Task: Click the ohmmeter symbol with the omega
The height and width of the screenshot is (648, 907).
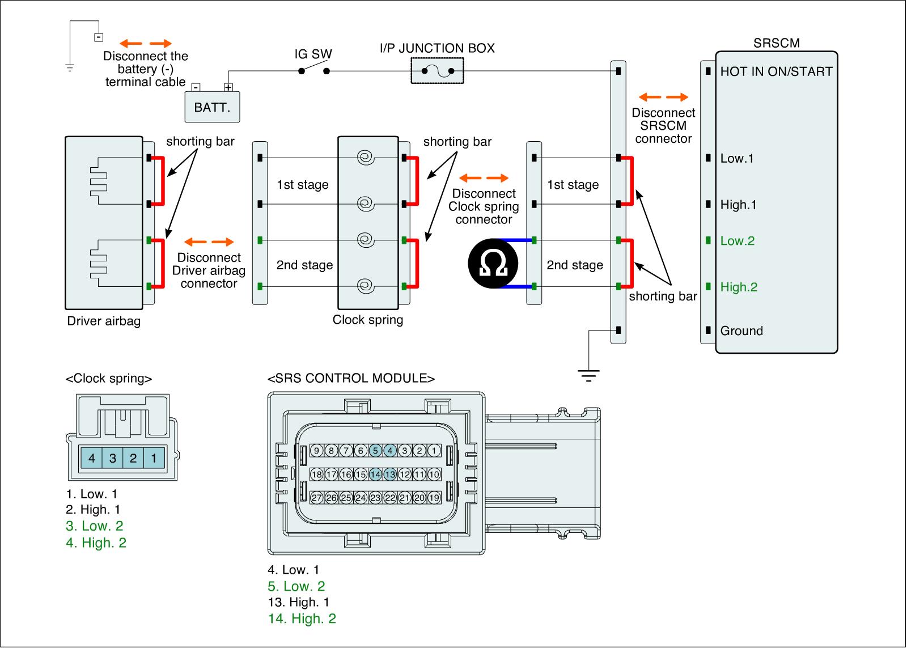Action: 493,264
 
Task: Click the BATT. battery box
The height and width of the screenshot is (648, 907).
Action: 212,107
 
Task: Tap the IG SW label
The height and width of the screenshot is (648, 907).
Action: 313,54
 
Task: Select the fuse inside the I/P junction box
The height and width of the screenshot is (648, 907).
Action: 437,71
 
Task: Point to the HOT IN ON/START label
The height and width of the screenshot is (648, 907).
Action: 776,71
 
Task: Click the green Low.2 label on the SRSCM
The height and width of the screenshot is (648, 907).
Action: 738,241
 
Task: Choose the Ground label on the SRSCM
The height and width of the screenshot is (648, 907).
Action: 741,331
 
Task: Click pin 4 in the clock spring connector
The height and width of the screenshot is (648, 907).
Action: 92,458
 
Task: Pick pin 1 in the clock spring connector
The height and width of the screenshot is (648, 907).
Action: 154,458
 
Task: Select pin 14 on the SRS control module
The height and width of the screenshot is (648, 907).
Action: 375,475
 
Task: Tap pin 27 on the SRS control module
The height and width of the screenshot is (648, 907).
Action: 316,498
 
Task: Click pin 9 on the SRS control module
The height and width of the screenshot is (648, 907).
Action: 316,451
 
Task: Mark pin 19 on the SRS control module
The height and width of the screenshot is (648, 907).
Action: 434,498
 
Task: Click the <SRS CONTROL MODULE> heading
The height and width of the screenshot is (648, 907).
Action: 351,378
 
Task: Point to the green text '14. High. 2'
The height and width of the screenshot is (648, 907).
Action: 302,619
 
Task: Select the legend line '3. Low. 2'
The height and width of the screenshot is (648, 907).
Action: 94,526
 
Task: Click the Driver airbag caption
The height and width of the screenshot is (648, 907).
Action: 104,321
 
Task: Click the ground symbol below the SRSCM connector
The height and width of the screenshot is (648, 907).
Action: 589,375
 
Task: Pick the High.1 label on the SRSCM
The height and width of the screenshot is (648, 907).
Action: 738,205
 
